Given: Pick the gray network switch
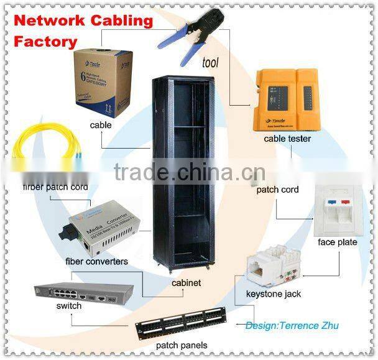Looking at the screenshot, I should click(84, 292).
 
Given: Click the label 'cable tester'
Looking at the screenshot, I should click(287, 139).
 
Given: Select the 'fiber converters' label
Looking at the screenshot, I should click(96, 262).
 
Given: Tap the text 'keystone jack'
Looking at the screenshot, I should click(274, 293).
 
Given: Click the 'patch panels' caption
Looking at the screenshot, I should click(182, 345).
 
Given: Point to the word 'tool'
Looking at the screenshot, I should click(211, 62).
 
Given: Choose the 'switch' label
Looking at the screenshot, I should click(68, 306).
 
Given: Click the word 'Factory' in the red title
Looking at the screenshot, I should click(45, 42).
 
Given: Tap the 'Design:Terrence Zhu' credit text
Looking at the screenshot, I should click(292, 325).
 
